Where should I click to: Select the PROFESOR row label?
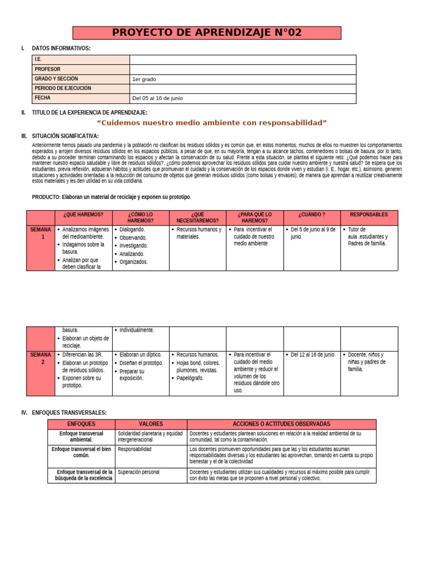47,70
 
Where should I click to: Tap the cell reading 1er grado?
145,79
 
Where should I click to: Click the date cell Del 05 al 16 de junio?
157,98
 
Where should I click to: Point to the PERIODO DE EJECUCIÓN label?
63,88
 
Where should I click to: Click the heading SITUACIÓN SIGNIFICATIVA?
65,136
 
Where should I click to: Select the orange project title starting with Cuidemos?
212,122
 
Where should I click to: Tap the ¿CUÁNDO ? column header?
312,214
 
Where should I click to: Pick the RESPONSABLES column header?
369,214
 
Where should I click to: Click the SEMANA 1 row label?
41,233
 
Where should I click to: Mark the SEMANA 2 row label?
41,358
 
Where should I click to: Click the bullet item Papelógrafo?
190,379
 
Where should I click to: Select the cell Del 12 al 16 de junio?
312,355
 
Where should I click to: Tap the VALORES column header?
151,424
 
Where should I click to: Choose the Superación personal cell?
139,472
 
